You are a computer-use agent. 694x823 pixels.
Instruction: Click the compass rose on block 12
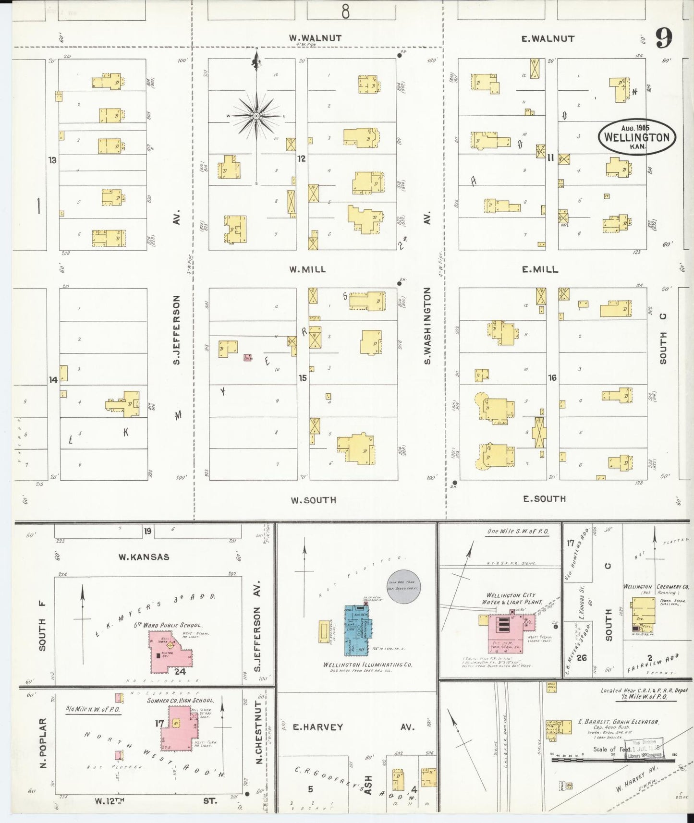(x=256, y=116)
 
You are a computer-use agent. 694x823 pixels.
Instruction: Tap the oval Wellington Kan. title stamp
(x=636, y=137)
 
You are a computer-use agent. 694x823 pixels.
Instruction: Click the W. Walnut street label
(x=315, y=38)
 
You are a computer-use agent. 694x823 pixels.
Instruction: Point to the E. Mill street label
(x=540, y=269)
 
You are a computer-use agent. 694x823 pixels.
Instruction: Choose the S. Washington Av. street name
(x=427, y=326)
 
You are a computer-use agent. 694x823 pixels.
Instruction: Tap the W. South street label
(x=313, y=500)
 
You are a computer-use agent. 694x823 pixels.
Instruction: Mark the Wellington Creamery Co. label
(x=656, y=587)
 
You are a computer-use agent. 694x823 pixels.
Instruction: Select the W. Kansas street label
(x=144, y=557)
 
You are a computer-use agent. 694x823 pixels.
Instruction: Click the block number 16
(x=552, y=378)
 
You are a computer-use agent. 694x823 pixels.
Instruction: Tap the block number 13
(x=52, y=160)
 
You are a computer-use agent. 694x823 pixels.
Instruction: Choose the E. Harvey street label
(x=318, y=727)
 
